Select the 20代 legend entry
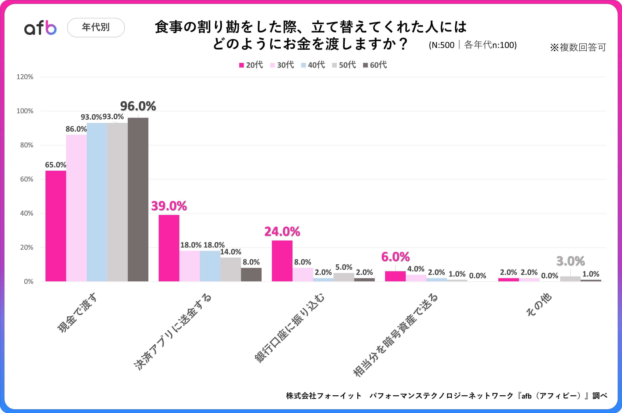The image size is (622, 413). point(251,65)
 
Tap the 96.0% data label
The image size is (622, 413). point(138,106)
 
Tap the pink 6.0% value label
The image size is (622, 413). point(395,257)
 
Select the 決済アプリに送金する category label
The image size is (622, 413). point(173,332)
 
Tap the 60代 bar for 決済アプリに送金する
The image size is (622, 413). point(251,274)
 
